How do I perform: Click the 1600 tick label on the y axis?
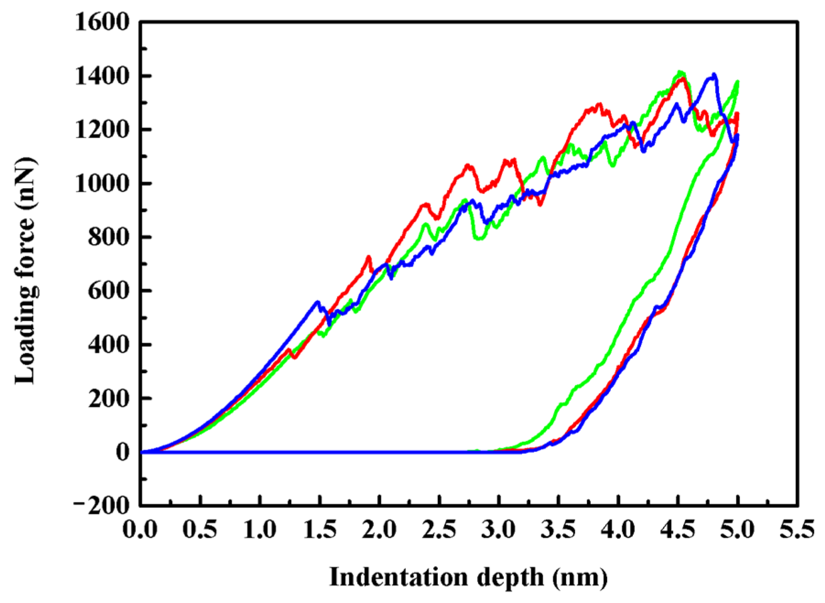(102, 22)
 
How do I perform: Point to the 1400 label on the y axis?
(102, 76)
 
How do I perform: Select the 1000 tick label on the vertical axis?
(102, 184)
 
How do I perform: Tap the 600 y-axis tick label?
(109, 291)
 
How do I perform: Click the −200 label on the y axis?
(102, 506)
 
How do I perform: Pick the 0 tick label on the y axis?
(122, 452)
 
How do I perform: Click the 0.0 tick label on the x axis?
(140, 530)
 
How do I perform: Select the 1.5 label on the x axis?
(319, 530)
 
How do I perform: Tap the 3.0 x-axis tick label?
(499, 530)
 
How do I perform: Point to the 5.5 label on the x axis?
(797, 530)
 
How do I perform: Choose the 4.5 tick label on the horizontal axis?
(678, 530)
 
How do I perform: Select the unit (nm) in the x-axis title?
(580, 577)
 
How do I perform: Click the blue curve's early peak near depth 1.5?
(317, 301)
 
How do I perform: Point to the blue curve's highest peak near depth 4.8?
(713, 75)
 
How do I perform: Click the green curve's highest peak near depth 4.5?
(681, 72)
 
